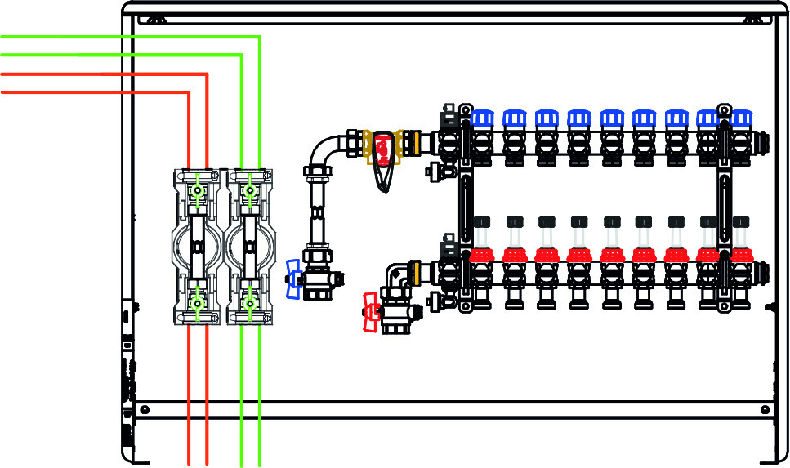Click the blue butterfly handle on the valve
click(x=293, y=278)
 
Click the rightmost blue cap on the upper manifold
click(x=740, y=120)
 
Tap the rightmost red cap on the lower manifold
click(x=740, y=254)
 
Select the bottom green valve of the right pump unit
click(x=249, y=304)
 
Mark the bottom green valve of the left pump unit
click(x=197, y=304)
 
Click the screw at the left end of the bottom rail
click(x=145, y=409)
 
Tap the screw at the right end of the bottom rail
click(x=765, y=409)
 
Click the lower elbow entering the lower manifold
click(x=398, y=274)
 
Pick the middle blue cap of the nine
click(x=610, y=120)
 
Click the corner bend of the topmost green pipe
click(x=258, y=38)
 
